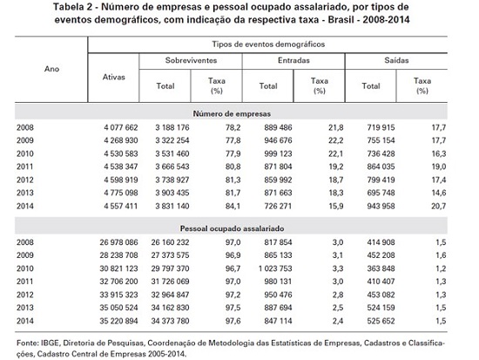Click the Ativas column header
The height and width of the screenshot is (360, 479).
pos(113,77)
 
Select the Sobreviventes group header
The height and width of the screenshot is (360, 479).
pos(192,60)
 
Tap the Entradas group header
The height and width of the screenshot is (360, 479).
pos(293,60)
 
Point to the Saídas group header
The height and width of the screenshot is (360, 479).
pos(396,60)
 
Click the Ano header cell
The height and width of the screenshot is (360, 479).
pos(51,69)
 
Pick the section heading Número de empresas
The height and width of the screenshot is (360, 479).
pos(232,114)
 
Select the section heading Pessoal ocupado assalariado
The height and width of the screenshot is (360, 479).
pos(232,228)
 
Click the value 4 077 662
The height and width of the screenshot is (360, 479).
pos(121,127)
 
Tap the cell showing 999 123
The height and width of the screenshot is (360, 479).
pos(278,153)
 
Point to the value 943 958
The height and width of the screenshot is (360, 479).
pos(381,207)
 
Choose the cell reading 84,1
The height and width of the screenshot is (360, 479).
pos(233,207)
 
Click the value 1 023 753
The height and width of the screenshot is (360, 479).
pos(275,268)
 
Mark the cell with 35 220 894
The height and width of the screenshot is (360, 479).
pos(118,321)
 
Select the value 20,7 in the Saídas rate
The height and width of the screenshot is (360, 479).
pos(439,207)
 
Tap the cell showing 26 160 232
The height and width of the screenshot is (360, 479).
pos(170,242)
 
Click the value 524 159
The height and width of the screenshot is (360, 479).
pos(381,308)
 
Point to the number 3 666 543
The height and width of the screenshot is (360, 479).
pos(172,166)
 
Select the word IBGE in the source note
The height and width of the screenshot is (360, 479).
pos(50,343)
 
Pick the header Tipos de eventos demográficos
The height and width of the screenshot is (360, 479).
pos(268,44)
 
